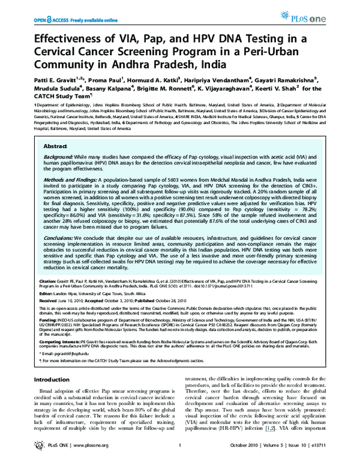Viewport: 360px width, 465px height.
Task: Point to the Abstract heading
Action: click(56, 146)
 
